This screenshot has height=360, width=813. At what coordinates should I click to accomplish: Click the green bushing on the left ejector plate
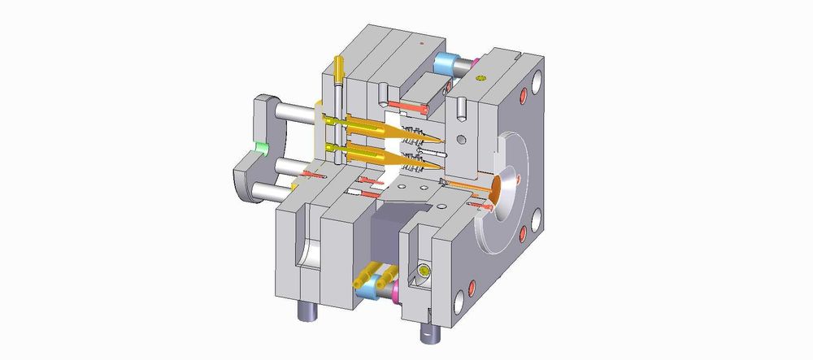coord(261,147)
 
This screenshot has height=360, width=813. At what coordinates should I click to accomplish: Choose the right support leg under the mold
coord(428,329)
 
